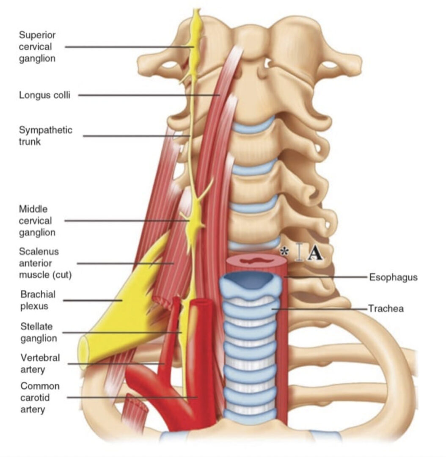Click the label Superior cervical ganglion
pyautogui.click(x=37, y=47)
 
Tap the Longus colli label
pyautogui.click(x=44, y=95)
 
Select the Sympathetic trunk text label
pyautogui.click(x=45, y=135)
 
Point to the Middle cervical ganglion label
pyautogui.click(x=37, y=220)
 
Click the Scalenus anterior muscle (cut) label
pyautogui.click(x=45, y=263)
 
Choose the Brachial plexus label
pyautogui.click(x=38, y=300)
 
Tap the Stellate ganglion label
pyautogui.click(x=39, y=332)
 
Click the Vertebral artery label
pyautogui.click(x=40, y=363)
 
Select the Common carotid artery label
pyautogui.click(x=40, y=397)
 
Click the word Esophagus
pyautogui.click(x=393, y=277)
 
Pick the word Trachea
pyautogui.click(x=385, y=308)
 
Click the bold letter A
pyautogui.click(x=314, y=253)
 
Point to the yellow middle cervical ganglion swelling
pyautogui.click(x=195, y=221)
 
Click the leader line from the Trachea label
pyautogui.click(x=322, y=309)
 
